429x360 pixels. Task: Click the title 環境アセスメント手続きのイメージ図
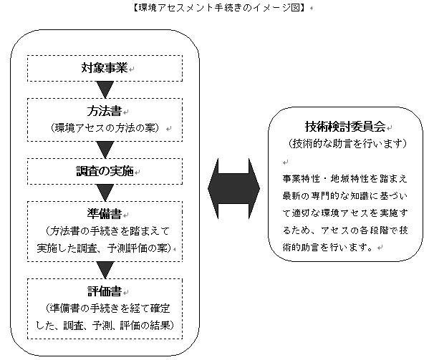(219, 8)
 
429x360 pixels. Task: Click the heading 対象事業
(105, 68)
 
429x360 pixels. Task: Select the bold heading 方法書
(105, 111)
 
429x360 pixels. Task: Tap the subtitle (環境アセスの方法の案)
(105, 127)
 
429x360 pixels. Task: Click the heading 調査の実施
(105, 171)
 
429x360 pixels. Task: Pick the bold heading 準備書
(105, 214)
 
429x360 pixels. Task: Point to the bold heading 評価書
(105, 291)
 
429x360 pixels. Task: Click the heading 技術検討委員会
(345, 126)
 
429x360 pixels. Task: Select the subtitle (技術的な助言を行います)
(347, 143)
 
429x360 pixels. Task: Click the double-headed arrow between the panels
(233, 189)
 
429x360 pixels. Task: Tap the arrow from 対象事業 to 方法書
(105, 89)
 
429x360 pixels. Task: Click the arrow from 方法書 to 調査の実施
(105, 150)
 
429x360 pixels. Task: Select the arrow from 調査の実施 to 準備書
(105, 193)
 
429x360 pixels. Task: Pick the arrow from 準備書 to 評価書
(105, 270)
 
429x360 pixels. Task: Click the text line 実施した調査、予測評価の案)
(105, 248)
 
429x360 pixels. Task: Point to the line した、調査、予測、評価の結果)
(105, 325)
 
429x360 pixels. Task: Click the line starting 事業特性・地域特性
(344, 179)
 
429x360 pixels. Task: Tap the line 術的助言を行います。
(328, 248)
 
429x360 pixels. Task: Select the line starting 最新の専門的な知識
(344, 196)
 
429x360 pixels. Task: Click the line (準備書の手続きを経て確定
(107, 308)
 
